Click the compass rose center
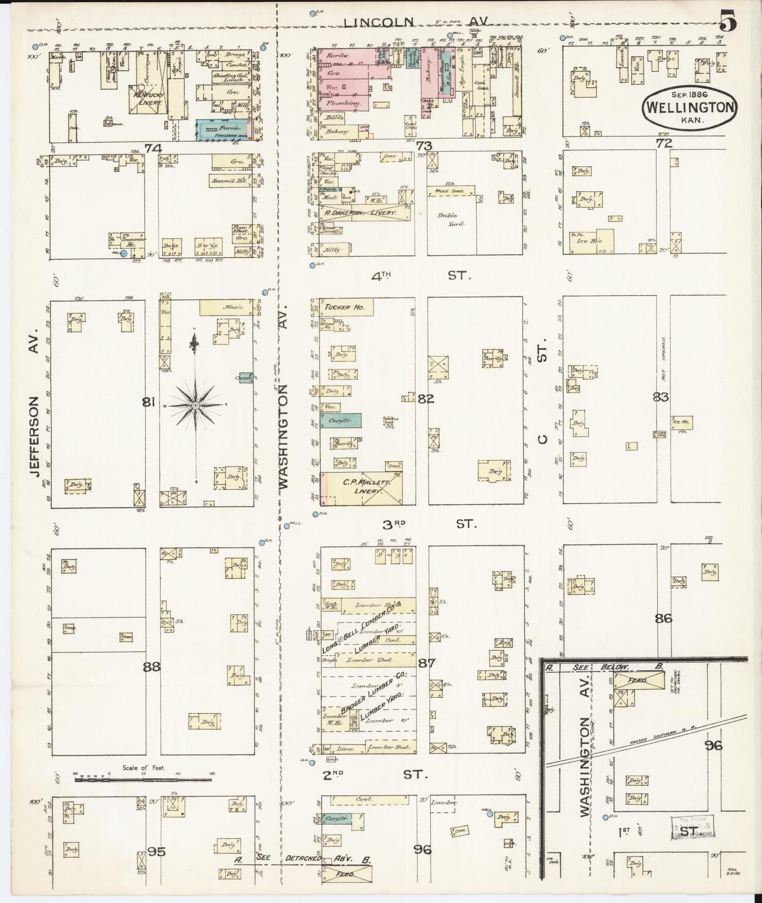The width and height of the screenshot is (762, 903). pyautogui.click(x=195, y=405)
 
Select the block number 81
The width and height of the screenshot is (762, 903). pyautogui.click(x=149, y=402)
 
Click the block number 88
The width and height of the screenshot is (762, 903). pyautogui.click(x=152, y=667)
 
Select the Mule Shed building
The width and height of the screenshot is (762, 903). pyautogui.click(x=451, y=191)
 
